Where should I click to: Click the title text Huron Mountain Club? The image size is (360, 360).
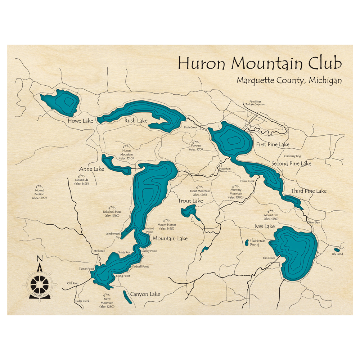259,63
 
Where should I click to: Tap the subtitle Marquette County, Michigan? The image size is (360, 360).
289,81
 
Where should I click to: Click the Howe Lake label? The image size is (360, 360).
80,121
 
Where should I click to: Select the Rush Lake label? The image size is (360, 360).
136,121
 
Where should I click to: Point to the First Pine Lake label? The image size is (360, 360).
273,144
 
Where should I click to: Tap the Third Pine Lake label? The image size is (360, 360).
309,191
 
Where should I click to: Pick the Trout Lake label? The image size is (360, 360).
190,201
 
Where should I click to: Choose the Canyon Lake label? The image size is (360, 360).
145,294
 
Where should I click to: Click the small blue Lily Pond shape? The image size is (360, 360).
337,249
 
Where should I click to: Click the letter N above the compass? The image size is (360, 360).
40,258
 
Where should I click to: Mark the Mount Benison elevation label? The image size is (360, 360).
39,194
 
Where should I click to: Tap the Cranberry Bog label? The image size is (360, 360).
292,156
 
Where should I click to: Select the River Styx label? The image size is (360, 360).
314,222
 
